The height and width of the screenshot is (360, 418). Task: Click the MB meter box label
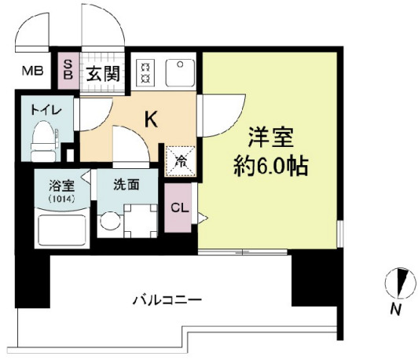(32, 71)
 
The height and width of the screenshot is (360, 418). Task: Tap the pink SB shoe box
(68, 71)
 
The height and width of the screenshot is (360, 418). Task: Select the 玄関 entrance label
(103, 73)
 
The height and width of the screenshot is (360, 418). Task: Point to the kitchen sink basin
(180, 72)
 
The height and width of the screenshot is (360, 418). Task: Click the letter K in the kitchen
(151, 119)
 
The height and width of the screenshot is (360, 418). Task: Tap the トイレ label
(46, 110)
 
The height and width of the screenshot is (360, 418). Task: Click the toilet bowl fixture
(43, 141)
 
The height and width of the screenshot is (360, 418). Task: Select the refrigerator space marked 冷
(181, 161)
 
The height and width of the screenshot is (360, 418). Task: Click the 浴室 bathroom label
(61, 186)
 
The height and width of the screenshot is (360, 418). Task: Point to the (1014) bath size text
(61, 199)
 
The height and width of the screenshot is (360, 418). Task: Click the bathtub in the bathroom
(62, 229)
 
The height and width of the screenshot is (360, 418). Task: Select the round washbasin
(110, 221)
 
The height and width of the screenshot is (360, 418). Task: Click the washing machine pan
(141, 221)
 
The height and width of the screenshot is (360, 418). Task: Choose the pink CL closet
(178, 208)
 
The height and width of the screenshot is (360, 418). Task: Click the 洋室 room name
(271, 137)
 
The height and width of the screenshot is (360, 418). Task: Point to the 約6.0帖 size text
(271, 166)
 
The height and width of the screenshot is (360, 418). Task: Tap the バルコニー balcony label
(167, 300)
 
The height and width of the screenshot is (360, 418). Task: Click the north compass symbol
(400, 283)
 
